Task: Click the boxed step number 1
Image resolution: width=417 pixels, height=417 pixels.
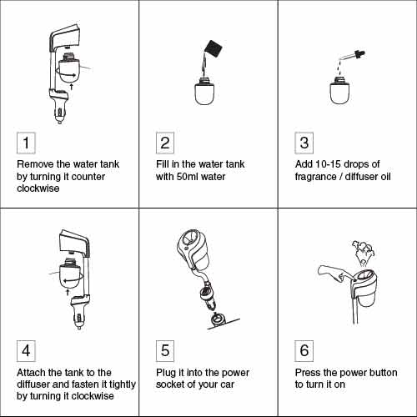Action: [26, 143]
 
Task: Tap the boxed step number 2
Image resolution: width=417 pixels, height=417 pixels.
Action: [165, 143]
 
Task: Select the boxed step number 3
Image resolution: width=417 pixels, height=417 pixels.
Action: [304, 143]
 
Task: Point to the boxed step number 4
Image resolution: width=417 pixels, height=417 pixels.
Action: [26, 351]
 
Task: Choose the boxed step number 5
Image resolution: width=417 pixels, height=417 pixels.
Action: [165, 351]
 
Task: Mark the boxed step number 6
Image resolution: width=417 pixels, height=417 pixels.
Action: [304, 351]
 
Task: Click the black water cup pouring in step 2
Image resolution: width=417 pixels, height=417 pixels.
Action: [214, 49]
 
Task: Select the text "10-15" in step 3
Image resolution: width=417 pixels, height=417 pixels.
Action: [329, 164]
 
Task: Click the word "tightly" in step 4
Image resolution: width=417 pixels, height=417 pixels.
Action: [123, 384]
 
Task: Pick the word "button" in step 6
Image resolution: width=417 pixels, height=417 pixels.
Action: [382, 373]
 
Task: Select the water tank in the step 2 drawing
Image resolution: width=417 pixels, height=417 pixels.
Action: [204, 91]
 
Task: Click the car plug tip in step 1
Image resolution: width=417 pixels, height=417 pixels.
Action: [59, 120]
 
